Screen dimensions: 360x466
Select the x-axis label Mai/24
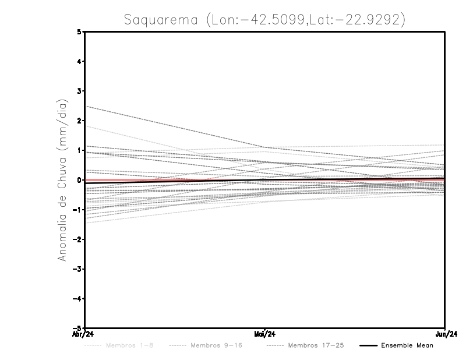(x=265, y=334)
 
